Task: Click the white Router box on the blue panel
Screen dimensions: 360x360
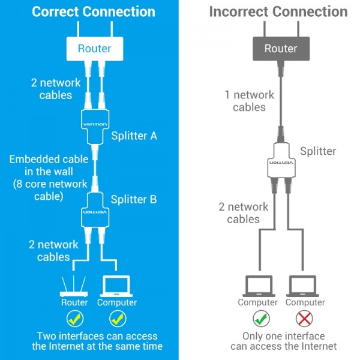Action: click(x=95, y=49)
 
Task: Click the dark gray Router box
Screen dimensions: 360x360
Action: click(x=281, y=49)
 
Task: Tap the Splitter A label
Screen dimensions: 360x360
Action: click(x=134, y=136)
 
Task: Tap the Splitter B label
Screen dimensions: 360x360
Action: click(x=134, y=199)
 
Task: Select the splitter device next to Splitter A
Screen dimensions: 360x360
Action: click(x=95, y=127)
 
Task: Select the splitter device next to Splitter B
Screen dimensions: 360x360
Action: click(x=95, y=210)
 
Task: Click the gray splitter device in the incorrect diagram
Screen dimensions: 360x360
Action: click(x=281, y=160)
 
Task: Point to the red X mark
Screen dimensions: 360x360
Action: click(x=304, y=319)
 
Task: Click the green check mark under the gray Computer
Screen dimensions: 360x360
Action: click(x=261, y=319)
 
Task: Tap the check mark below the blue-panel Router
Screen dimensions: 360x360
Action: click(x=75, y=319)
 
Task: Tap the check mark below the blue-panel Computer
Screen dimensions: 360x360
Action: click(x=118, y=319)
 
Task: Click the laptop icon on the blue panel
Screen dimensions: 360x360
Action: click(x=116, y=286)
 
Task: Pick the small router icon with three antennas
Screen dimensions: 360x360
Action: click(x=74, y=286)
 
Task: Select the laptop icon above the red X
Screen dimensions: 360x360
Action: click(x=302, y=286)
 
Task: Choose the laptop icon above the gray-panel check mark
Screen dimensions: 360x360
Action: click(x=259, y=286)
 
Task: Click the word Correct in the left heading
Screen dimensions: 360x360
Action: click(x=55, y=11)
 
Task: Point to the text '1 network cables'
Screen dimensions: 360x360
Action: click(x=250, y=101)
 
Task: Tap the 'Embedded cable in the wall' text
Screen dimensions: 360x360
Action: click(x=49, y=166)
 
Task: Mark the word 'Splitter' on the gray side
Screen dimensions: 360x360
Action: click(x=318, y=151)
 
